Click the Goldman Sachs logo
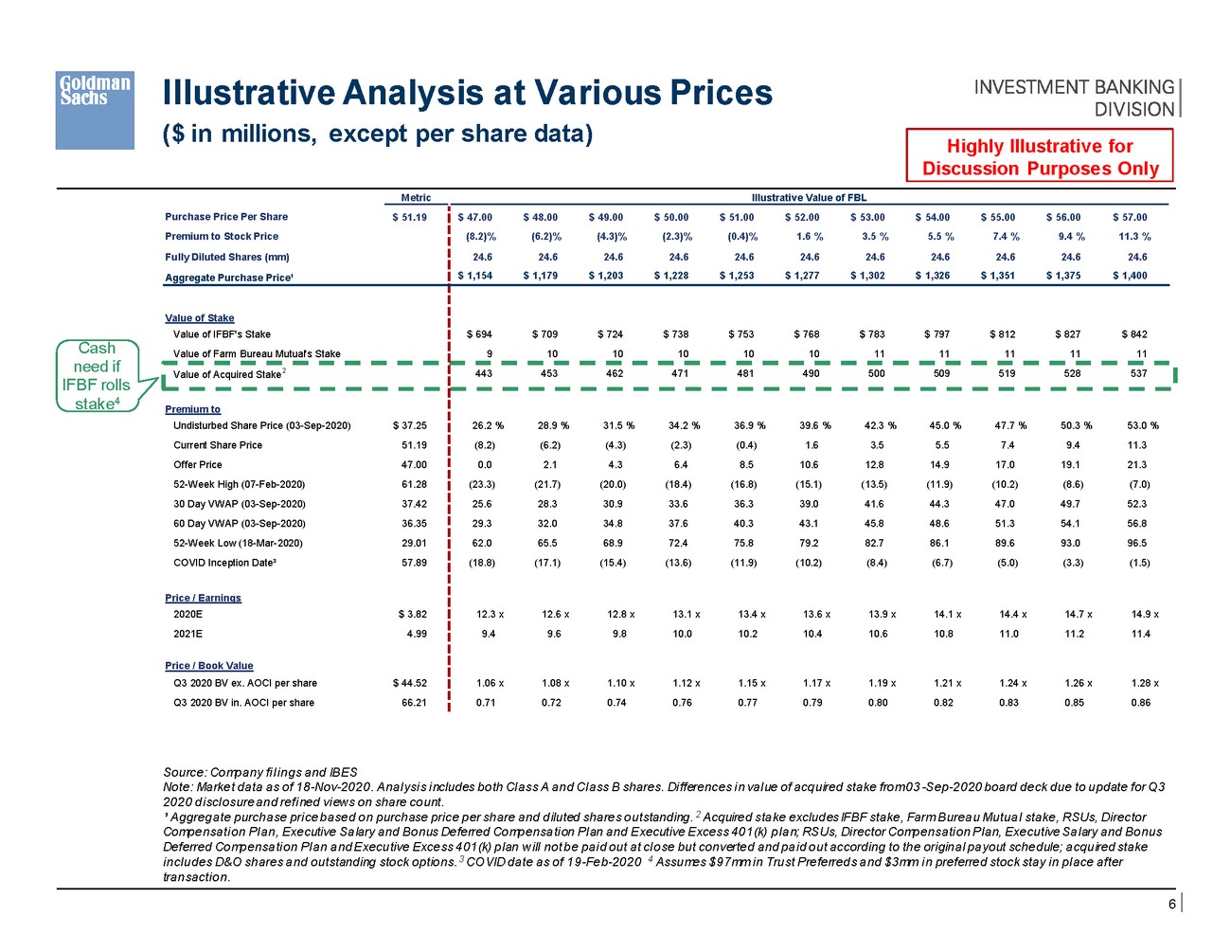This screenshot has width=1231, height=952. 94,110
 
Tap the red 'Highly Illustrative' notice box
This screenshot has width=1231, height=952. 1040,157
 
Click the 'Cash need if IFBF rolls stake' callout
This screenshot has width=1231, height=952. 98,376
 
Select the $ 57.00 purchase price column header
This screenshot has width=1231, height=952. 1130,217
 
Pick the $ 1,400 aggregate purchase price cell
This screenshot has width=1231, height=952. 1130,276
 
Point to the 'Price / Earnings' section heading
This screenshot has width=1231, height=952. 203,598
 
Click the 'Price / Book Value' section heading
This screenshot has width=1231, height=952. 208,666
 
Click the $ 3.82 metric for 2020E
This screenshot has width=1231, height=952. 413,615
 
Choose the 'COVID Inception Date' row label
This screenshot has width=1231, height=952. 224,563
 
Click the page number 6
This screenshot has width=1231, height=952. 1171,905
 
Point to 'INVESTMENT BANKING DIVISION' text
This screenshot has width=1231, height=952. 1074,98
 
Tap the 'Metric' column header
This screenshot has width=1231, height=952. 416,198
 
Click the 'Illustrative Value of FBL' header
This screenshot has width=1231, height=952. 809,198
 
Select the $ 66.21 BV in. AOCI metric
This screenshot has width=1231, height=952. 414,703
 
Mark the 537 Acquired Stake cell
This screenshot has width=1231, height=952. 1138,373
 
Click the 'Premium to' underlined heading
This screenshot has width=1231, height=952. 192,409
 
